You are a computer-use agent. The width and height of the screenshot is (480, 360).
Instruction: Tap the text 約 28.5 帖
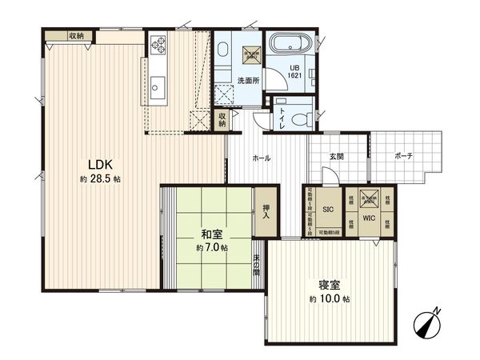point(100,179)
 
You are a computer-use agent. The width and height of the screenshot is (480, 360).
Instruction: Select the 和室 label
point(211,235)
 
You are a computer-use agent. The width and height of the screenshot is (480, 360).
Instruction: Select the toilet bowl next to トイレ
point(300,119)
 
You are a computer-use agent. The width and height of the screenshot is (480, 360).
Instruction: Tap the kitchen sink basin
point(157,84)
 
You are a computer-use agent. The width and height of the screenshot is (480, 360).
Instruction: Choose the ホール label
point(262,158)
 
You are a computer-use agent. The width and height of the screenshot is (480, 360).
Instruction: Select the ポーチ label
point(402,157)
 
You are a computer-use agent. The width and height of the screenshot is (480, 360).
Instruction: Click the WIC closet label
point(369,218)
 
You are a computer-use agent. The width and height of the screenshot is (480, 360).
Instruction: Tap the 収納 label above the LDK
point(77,35)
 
